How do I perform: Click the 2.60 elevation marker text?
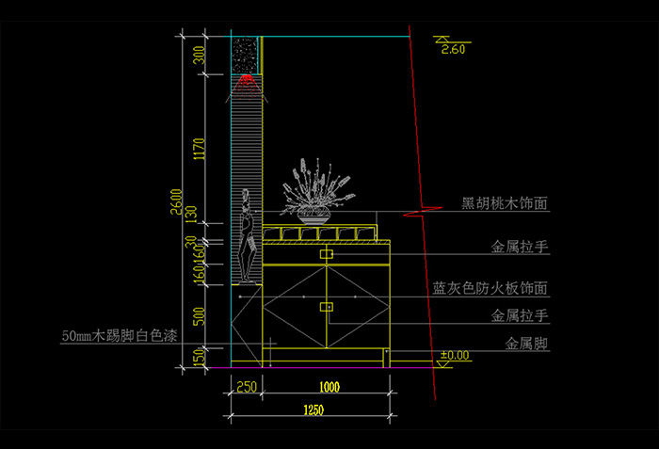point(453,50)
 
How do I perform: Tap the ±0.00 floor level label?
point(455,355)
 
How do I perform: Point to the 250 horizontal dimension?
point(247,386)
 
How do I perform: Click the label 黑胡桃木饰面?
point(505,203)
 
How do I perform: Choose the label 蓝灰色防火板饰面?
point(490,289)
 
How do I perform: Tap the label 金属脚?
point(527,345)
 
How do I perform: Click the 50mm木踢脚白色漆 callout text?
point(119,335)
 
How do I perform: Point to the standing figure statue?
point(248,236)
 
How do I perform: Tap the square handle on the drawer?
point(327,254)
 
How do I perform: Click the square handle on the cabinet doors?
point(327,307)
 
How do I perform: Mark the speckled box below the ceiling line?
point(247,54)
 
